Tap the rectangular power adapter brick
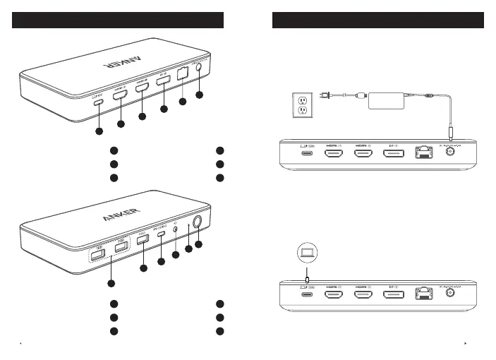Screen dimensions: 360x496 click(392, 98)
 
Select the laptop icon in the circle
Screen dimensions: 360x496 click(307, 251)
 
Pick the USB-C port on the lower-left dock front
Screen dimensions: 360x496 click(161, 236)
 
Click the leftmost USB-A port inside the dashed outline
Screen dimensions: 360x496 click(97, 252)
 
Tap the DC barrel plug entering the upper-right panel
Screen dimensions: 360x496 click(452, 134)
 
